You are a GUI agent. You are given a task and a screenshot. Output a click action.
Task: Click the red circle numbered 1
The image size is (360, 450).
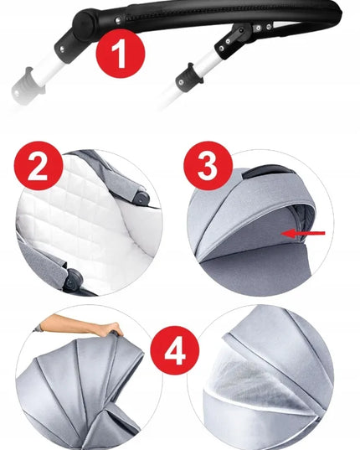tap(121, 54)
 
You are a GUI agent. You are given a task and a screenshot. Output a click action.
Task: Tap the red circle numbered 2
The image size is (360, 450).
tap(39, 166)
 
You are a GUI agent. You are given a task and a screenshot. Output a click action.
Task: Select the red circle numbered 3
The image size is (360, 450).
tap(208, 166)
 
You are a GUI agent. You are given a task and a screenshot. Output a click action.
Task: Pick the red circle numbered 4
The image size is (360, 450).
tap(174, 350)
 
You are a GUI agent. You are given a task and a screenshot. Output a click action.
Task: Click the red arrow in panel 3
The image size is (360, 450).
tap(303, 233)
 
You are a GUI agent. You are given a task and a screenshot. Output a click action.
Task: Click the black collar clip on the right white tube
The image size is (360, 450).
tap(189, 77)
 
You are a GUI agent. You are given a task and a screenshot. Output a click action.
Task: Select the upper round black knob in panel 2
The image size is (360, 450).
tap(141, 198)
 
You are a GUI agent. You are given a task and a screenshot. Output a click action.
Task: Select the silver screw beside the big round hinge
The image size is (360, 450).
tap(118, 20)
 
